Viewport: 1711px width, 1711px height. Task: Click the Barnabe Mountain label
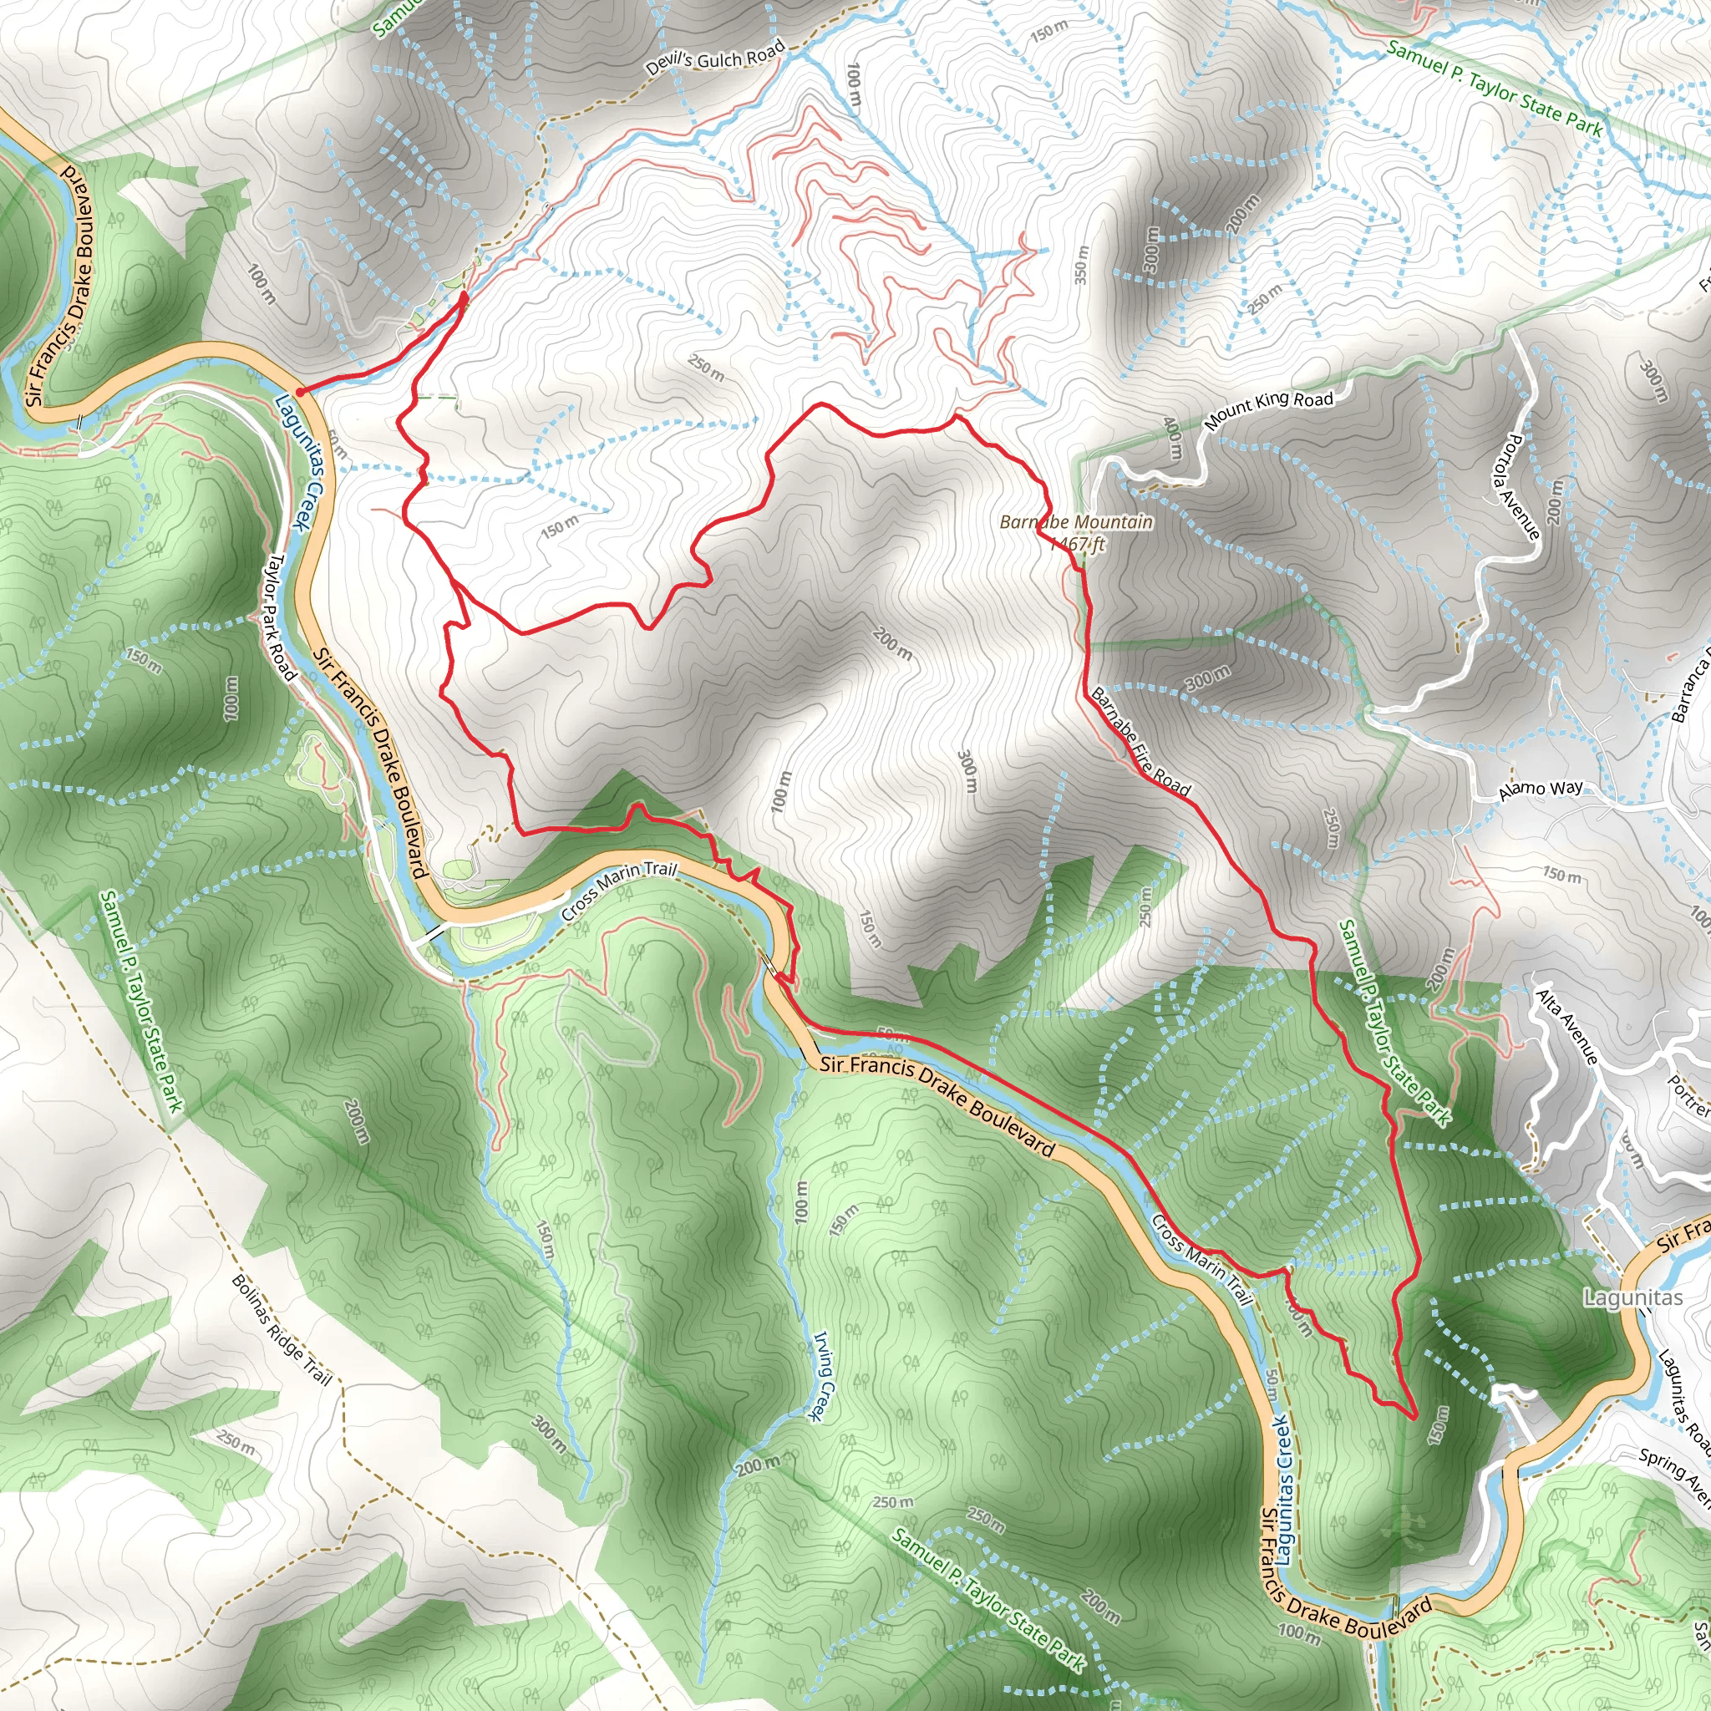(x=1076, y=521)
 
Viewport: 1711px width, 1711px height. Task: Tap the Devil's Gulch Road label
(x=716, y=58)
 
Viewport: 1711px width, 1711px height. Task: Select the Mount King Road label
(x=1269, y=410)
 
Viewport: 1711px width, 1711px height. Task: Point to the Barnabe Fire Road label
(x=1140, y=741)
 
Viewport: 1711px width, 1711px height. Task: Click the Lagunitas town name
(x=1632, y=1298)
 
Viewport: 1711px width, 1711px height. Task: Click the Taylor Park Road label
(x=282, y=617)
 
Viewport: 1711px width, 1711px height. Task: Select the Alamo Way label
(x=1540, y=790)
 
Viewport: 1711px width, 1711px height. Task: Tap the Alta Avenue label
(x=1567, y=1027)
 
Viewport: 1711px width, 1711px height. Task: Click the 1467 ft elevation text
(x=1079, y=543)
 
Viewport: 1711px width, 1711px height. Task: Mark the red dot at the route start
(x=300, y=390)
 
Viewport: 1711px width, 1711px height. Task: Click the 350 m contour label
(x=1080, y=264)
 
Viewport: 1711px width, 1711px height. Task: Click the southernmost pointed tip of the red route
(x=1411, y=1417)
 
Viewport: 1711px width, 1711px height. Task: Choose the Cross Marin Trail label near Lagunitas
(x=1204, y=1259)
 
